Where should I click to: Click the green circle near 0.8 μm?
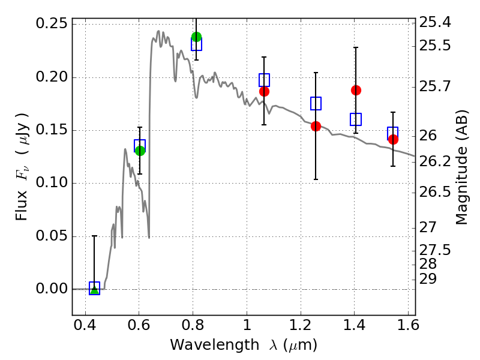[196, 37]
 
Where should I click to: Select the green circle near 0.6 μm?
[140, 151]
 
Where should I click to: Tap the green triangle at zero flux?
[95, 290]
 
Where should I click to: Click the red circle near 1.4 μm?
[356, 91]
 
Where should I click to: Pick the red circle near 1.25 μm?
[316, 126]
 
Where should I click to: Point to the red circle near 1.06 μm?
[264, 92]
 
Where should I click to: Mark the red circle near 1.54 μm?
[393, 140]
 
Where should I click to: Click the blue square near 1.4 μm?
[356, 119]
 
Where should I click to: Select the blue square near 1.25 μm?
[316, 103]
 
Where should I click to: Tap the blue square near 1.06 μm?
[264, 80]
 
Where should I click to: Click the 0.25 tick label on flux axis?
[52, 23]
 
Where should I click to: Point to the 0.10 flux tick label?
[52, 183]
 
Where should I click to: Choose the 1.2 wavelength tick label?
[301, 325]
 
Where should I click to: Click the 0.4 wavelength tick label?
[85, 325]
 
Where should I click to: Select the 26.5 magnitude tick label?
[434, 192]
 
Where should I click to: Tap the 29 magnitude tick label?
[428, 279]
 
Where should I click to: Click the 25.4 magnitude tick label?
[434, 22]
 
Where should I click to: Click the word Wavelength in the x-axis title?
[215, 346]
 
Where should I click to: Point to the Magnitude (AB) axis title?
[461, 167]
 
